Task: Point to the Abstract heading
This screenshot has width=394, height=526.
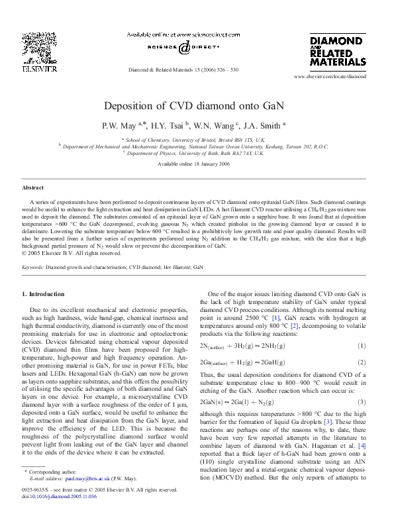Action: point(34,188)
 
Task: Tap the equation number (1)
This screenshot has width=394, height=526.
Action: point(362,346)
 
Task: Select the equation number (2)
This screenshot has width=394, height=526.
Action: point(362,362)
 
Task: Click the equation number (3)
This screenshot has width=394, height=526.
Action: point(362,402)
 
